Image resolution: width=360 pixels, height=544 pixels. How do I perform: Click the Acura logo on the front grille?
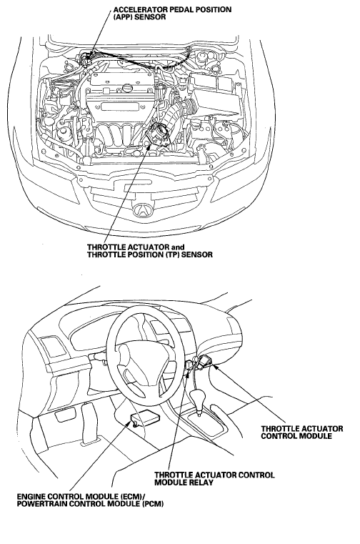point(143,210)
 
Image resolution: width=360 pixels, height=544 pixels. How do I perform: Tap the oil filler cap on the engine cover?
point(128,88)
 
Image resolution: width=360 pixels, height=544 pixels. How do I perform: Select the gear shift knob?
point(199,396)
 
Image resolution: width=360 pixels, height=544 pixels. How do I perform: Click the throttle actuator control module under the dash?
point(206,361)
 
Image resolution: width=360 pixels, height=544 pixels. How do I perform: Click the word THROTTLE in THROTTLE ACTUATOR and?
point(104,247)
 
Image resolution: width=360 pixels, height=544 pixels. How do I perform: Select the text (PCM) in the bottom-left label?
point(153,503)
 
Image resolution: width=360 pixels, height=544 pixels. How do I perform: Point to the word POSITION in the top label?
point(207,10)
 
